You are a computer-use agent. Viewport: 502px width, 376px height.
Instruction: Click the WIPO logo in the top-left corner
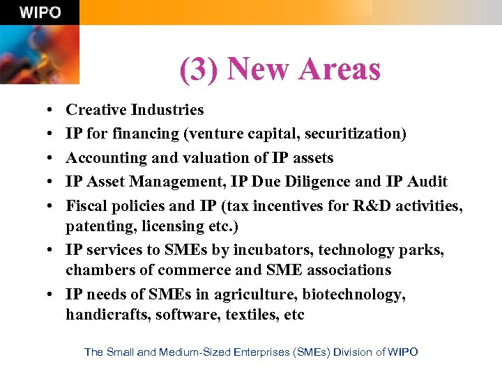point(40,13)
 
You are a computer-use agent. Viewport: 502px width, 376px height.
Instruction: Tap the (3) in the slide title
point(200,70)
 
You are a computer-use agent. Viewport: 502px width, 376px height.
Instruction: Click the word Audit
point(426,181)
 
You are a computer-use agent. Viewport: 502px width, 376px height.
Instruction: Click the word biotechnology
point(351,294)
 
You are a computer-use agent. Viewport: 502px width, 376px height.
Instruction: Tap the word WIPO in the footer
point(402,352)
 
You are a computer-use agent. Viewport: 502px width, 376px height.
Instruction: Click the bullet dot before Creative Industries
point(54,111)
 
